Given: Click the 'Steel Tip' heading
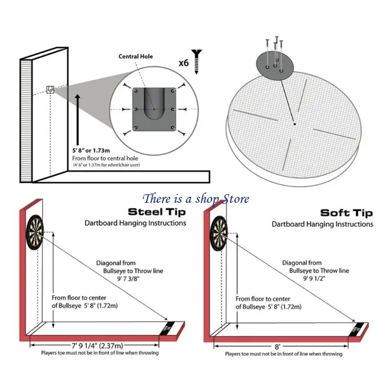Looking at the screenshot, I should pyautogui.click(x=157, y=212).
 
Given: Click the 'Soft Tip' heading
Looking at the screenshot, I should pyautogui.click(x=346, y=213).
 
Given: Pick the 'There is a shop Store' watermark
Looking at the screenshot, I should pyautogui.click(x=196, y=198).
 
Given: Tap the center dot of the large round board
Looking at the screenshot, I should pyautogui.click(x=294, y=124).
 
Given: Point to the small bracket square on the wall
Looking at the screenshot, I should pyautogui.click(x=50, y=89).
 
